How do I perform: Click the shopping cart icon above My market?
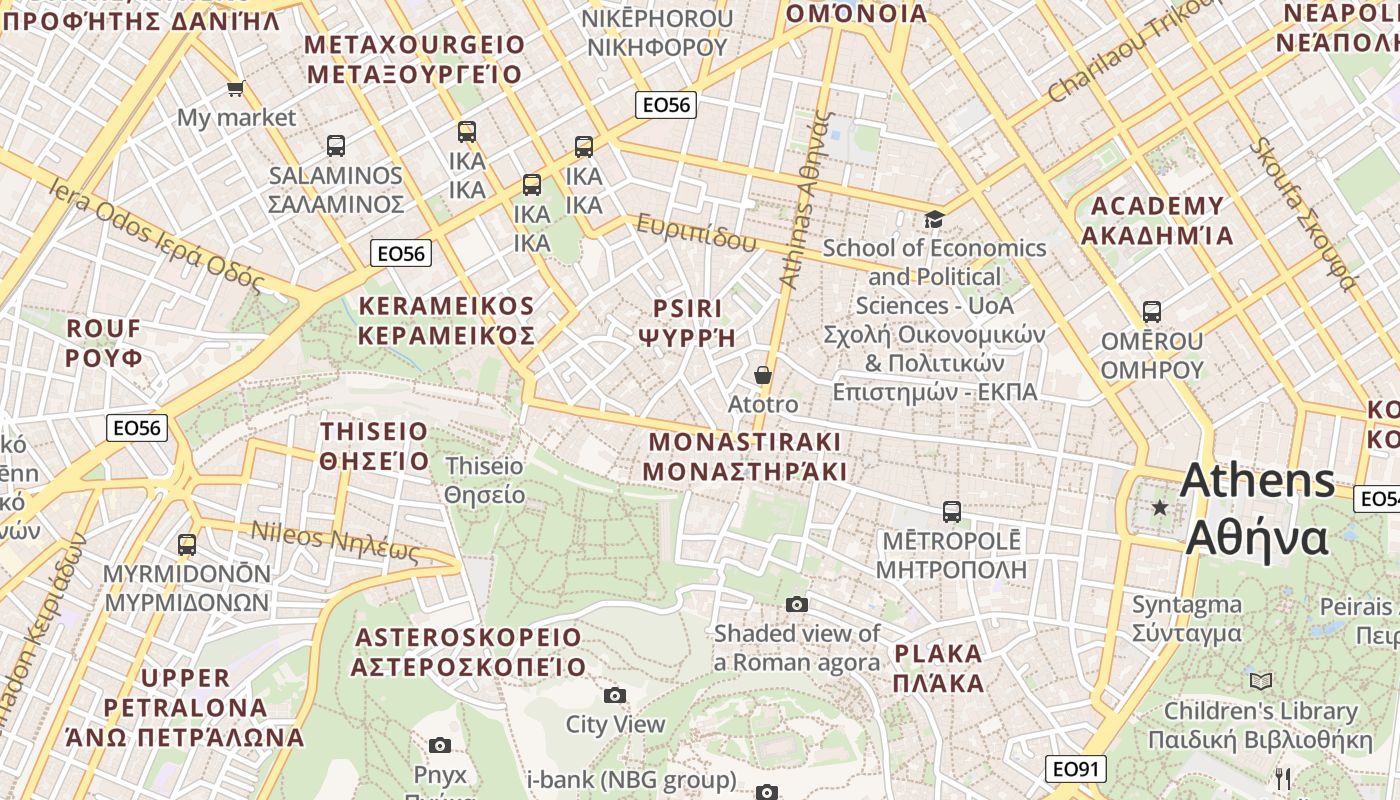236,89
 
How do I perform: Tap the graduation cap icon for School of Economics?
933,219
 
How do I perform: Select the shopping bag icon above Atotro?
763,375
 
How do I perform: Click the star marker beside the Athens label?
1160,508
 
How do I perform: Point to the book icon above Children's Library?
1261,681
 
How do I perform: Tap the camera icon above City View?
615,695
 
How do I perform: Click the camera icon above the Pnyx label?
439,745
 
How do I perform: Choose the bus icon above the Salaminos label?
336,146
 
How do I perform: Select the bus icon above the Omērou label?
1152,311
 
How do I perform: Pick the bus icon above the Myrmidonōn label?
187,545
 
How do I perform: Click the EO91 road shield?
1077,769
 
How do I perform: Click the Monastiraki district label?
745,456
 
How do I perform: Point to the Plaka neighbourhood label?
938,669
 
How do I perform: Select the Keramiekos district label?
446,320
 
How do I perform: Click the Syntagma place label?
1187,619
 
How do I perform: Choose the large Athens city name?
1257,509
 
